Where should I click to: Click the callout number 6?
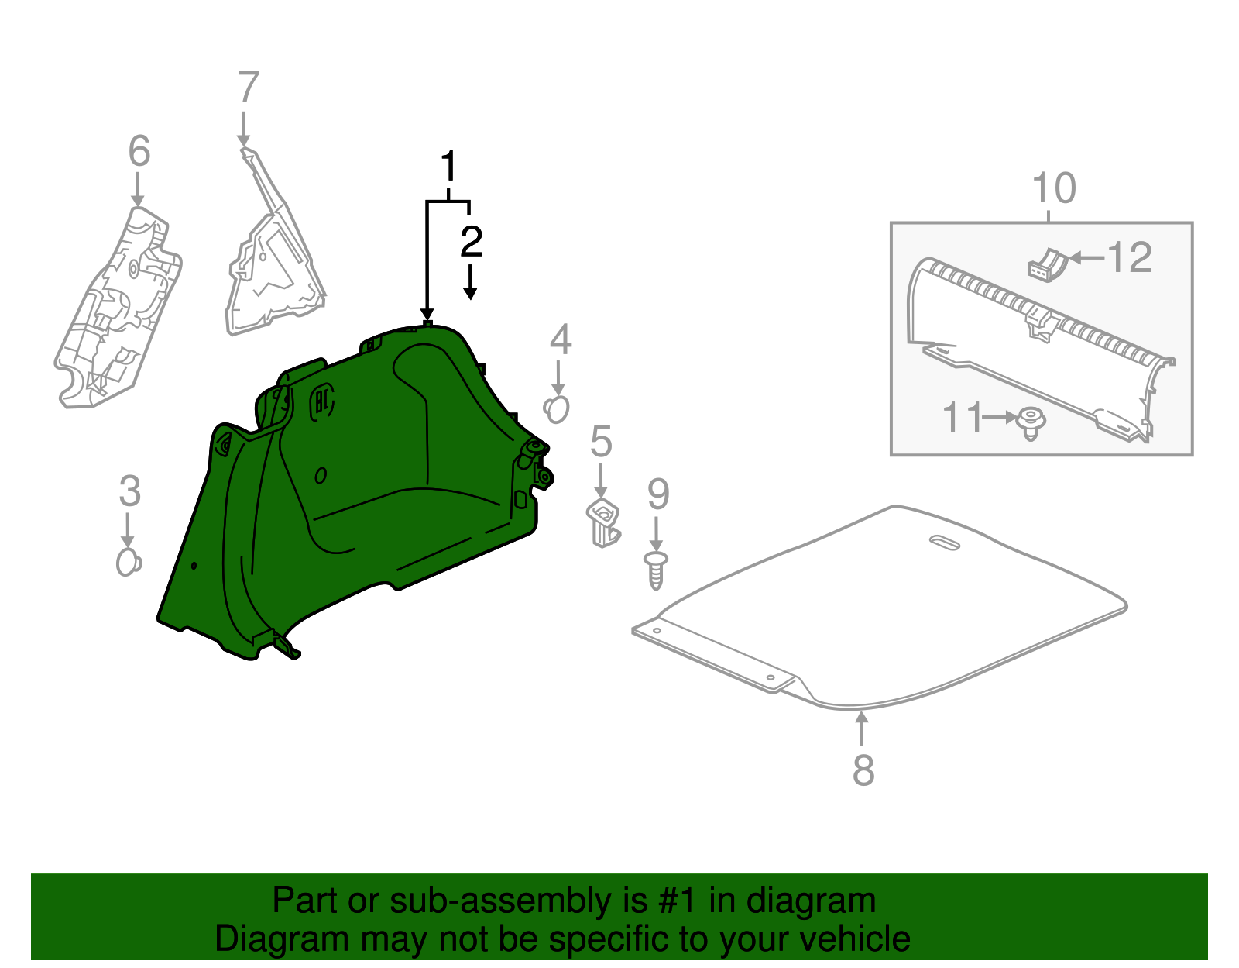coord(139,151)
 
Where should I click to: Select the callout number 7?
coord(247,88)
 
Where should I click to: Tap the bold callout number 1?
coord(448,167)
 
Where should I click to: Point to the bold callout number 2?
coord(470,242)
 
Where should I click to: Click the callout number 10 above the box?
coord(1054,188)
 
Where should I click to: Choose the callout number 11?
coord(962,418)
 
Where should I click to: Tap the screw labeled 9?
coord(656,571)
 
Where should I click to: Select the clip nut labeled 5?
coord(604,522)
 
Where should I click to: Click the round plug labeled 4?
coord(557,409)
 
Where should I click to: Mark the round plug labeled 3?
coord(129,562)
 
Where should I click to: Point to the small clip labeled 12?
coord(1046,264)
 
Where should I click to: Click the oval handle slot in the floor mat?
coord(944,543)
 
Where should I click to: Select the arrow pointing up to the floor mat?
coord(861,729)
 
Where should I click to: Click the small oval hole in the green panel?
coord(321,475)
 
